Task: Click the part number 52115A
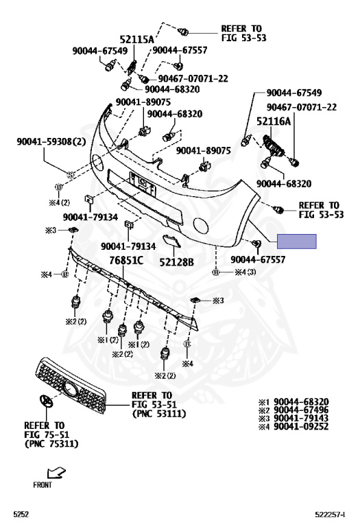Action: point(136,40)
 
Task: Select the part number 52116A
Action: point(274,121)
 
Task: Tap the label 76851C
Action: point(126,261)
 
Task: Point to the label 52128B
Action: point(177,262)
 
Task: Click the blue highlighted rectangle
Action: point(296,242)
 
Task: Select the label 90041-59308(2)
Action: point(51,141)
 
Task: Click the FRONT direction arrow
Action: point(56,473)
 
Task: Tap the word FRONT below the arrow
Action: point(43,485)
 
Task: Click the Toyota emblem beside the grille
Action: point(45,401)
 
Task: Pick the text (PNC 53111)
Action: point(159,413)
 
